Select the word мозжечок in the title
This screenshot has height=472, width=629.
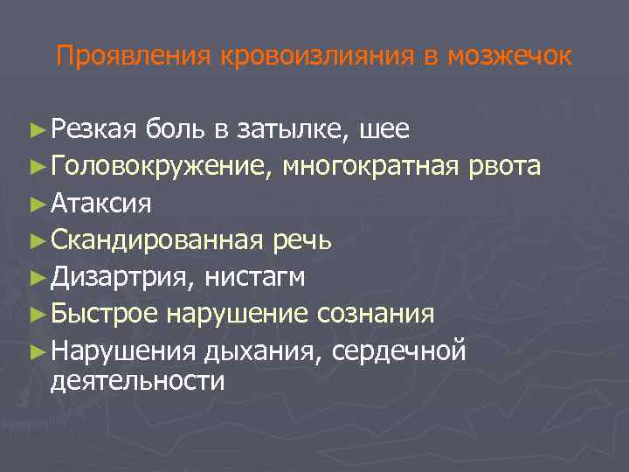509,57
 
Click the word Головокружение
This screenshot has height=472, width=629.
162,166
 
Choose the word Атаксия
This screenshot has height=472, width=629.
101,204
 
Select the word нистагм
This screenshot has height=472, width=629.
255,277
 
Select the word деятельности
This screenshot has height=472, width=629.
137,381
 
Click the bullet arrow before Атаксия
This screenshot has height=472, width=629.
36,204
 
